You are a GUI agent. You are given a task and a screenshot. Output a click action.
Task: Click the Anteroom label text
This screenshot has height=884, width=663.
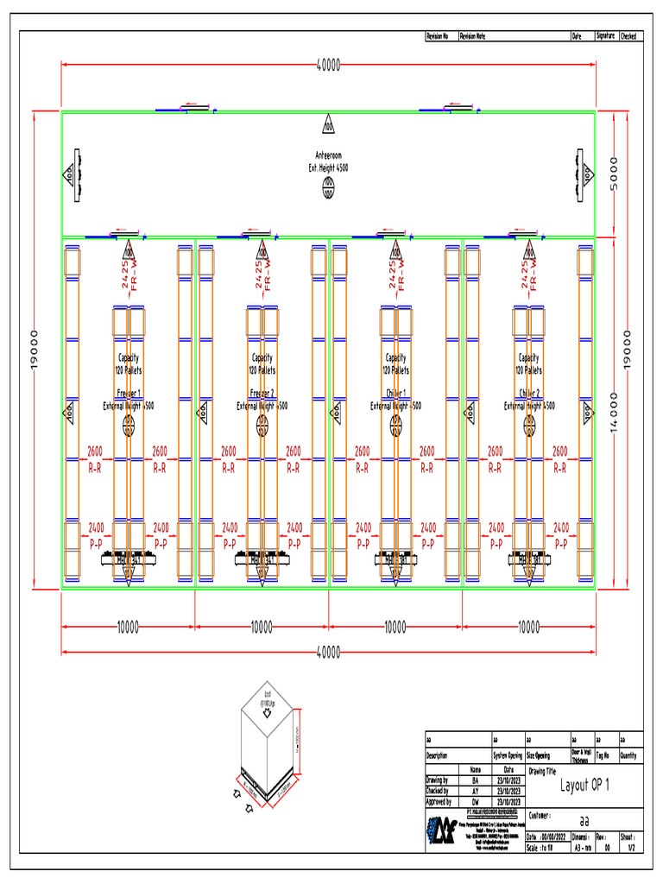coord(328,155)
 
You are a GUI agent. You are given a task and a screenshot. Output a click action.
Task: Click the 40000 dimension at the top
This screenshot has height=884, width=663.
coord(328,65)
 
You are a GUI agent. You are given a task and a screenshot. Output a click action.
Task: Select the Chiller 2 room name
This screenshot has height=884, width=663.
coord(529,392)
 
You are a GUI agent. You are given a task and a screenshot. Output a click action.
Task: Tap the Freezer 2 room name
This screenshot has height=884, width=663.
coord(262,392)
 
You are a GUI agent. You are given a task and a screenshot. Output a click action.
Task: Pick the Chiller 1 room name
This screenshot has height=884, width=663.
coord(396,392)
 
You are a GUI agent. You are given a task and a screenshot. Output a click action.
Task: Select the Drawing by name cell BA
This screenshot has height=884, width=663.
coord(475,780)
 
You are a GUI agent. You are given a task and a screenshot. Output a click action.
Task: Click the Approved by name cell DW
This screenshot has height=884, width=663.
coord(475,802)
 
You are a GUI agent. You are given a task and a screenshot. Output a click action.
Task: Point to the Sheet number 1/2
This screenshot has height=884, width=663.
coord(631,848)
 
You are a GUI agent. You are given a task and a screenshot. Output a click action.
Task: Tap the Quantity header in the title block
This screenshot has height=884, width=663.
coord(630,755)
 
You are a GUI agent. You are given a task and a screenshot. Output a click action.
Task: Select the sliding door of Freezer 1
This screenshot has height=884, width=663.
coord(127,233)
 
